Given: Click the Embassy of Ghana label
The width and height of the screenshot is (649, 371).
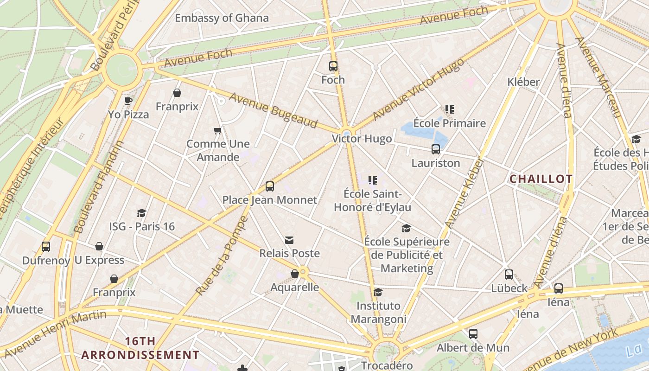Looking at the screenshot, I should [222, 18].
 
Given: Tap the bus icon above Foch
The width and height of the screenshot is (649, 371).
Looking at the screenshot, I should [333, 66].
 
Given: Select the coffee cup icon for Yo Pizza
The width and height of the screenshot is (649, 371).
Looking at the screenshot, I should [128, 101].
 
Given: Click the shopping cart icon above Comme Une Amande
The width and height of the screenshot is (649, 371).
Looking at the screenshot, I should [217, 131].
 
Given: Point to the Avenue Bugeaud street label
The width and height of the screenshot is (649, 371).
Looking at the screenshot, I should [273, 110].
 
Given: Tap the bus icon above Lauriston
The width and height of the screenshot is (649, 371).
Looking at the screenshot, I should [436, 149].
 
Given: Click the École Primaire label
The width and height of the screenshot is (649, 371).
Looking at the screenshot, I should [449, 123].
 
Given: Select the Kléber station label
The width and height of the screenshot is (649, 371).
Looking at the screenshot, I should [523, 82].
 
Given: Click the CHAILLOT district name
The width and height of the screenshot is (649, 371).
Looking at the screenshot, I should [541, 179].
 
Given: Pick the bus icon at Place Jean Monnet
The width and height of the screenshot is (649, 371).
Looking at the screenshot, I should [270, 186].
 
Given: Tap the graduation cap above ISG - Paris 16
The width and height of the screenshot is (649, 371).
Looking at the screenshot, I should [142, 213].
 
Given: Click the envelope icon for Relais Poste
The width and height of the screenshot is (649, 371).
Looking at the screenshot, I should [289, 240].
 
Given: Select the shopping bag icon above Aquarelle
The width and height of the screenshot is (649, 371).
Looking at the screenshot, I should [295, 274].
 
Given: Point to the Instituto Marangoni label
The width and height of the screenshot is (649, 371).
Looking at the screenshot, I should [378, 313].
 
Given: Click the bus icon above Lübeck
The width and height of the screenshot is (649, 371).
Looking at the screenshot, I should [509, 275].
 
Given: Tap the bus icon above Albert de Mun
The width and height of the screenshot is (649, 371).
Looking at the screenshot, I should [473, 334].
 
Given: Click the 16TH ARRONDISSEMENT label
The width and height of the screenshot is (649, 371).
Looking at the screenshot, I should [140, 348].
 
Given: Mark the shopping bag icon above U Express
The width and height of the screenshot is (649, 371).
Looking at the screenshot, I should [99, 246].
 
